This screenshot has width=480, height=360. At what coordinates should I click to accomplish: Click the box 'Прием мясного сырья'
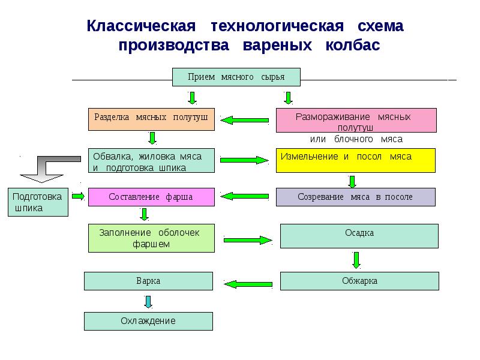click(x=236, y=77)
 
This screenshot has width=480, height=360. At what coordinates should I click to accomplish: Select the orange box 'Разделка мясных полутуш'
click(x=151, y=118)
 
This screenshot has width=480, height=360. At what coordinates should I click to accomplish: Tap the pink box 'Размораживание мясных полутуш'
click(x=356, y=119)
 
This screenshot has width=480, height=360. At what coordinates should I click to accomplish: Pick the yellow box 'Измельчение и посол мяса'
click(x=356, y=160)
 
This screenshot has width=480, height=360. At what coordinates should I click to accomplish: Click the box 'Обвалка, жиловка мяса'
click(x=151, y=160)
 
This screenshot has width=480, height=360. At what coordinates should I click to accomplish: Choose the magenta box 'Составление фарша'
click(x=151, y=197)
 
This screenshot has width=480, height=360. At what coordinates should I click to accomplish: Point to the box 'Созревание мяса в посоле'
click(x=356, y=197)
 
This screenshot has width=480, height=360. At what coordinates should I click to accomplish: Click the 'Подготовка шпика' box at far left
click(x=38, y=202)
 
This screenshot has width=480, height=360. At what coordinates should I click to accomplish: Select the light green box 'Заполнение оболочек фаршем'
click(x=151, y=238)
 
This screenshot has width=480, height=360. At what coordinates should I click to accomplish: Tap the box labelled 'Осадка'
click(x=359, y=236)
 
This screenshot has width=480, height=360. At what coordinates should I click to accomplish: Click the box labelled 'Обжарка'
click(x=359, y=281)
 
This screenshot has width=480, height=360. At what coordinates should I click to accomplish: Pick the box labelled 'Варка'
click(x=148, y=281)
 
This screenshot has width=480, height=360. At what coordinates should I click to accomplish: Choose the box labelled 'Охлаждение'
click(x=148, y=321)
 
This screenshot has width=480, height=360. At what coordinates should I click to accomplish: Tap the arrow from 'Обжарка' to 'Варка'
click(x=247, y=283)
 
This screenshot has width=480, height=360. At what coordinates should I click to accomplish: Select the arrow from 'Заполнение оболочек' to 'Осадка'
click(x=247, y=240)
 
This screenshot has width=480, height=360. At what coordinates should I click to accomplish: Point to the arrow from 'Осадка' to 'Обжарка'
click(x=356, y=260)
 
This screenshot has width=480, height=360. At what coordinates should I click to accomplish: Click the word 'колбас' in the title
click(x=353, y=46)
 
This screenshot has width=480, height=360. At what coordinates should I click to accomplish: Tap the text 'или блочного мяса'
click(x=356, y=139)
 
